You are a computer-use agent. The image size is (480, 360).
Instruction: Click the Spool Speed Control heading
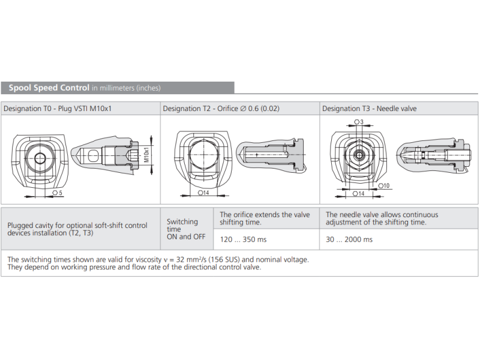49,88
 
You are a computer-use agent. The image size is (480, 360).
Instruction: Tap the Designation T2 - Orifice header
221,109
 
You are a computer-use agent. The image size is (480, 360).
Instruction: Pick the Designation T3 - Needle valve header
369,109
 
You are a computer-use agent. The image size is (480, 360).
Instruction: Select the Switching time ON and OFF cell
186,229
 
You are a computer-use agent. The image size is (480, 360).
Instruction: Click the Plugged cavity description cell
77,229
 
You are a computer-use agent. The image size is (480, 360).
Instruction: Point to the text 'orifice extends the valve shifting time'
265,218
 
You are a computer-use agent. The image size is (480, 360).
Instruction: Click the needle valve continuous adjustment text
382,218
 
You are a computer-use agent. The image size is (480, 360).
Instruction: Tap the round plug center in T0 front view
40,158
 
